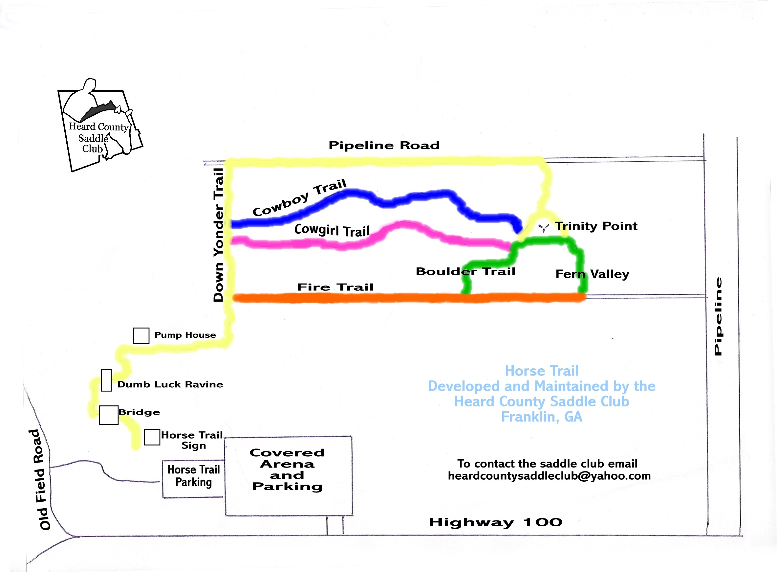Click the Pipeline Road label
(384, 146)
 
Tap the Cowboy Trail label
(299, 197)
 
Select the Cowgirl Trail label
(332, 230)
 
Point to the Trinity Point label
(596, 226)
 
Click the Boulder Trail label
(465, 271)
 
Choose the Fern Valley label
(592, 274)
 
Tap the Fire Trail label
(335, 287)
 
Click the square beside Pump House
(141, 335)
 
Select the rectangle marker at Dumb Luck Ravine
(106, 380)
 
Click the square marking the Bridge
(109, 415)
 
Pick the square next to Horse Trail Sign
(152, 437)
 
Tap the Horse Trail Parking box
(193, 479)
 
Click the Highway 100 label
(495, 522)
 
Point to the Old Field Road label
(41, 480)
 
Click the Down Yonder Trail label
(219, 235)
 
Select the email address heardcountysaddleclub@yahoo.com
(549, 476)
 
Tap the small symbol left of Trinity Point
(544, 227)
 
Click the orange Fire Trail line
(380, 298)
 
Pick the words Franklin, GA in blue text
(541, 417)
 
